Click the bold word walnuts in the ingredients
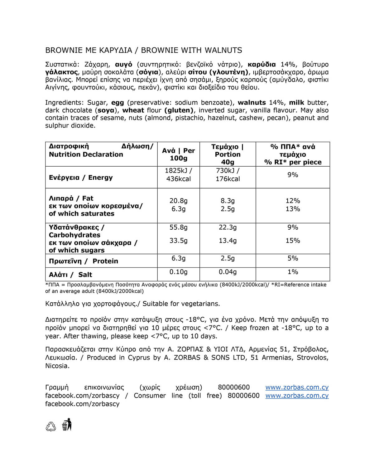(x=252, y=103)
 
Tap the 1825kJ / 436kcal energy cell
(x=178, y=175)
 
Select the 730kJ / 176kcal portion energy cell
(x=228, y=175)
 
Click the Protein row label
(x=84, y=261)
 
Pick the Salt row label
(x=70, y=275)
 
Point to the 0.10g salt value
(x=178, y=272)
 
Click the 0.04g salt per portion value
(x=228, y=272)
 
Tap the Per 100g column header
(x=178, y=154)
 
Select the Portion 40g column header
(x=228, y=154)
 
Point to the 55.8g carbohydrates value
(x=178, y=227)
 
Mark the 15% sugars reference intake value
(x=293, y=241)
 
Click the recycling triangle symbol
(x=51, y=426)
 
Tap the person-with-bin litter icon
(x=67, y=425)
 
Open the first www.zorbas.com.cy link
(x=297, y=388)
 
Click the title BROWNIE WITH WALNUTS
(x=192, y=50)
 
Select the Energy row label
(x=81, y=178)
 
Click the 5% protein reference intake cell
(x=293, y=258)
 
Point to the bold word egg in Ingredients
(x=117, y=103)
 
